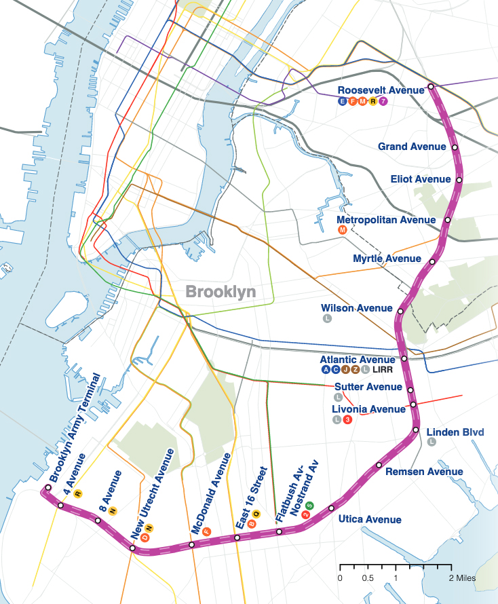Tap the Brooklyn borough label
(221, 292)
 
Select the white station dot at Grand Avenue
(455, 147)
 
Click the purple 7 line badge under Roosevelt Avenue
(383, 101)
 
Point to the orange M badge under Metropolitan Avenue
(343, 231)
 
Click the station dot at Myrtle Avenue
(435, 259)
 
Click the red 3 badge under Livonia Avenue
(347, 420)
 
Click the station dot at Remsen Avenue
(379, 465)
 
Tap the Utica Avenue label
(370, 520)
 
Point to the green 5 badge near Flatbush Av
(310, 505)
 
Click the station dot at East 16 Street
(237, 537)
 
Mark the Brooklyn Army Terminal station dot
(48, 488)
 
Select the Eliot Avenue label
(421, 179)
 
